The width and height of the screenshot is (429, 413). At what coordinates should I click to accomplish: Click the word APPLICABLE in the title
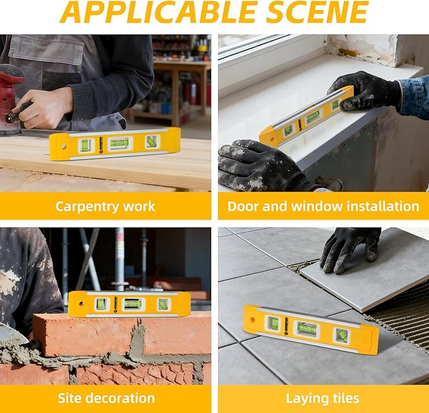[159, 12]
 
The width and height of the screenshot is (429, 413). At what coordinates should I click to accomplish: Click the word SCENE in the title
[318, 12]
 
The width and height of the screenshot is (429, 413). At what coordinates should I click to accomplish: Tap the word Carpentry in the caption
[88, 206]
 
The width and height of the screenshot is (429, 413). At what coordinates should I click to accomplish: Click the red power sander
[10, 99]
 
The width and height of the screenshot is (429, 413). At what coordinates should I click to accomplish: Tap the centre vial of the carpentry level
[119, 143]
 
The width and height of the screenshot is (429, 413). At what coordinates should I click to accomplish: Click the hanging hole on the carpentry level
[63, 146]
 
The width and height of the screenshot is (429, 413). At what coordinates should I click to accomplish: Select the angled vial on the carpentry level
[152, 141]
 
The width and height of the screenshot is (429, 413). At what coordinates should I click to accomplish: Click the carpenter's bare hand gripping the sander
[44, 108]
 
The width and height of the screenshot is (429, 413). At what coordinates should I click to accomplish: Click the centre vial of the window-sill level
[312, 116]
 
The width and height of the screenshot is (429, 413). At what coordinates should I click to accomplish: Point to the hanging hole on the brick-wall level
[81, 304]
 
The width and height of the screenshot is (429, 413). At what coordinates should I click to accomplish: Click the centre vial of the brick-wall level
[133, 304]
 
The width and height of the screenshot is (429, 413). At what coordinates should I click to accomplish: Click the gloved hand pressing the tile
[349, 249]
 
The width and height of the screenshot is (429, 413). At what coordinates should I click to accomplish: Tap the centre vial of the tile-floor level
[306, 328]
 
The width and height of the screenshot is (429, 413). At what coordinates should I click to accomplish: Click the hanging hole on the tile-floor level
[252, 319]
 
